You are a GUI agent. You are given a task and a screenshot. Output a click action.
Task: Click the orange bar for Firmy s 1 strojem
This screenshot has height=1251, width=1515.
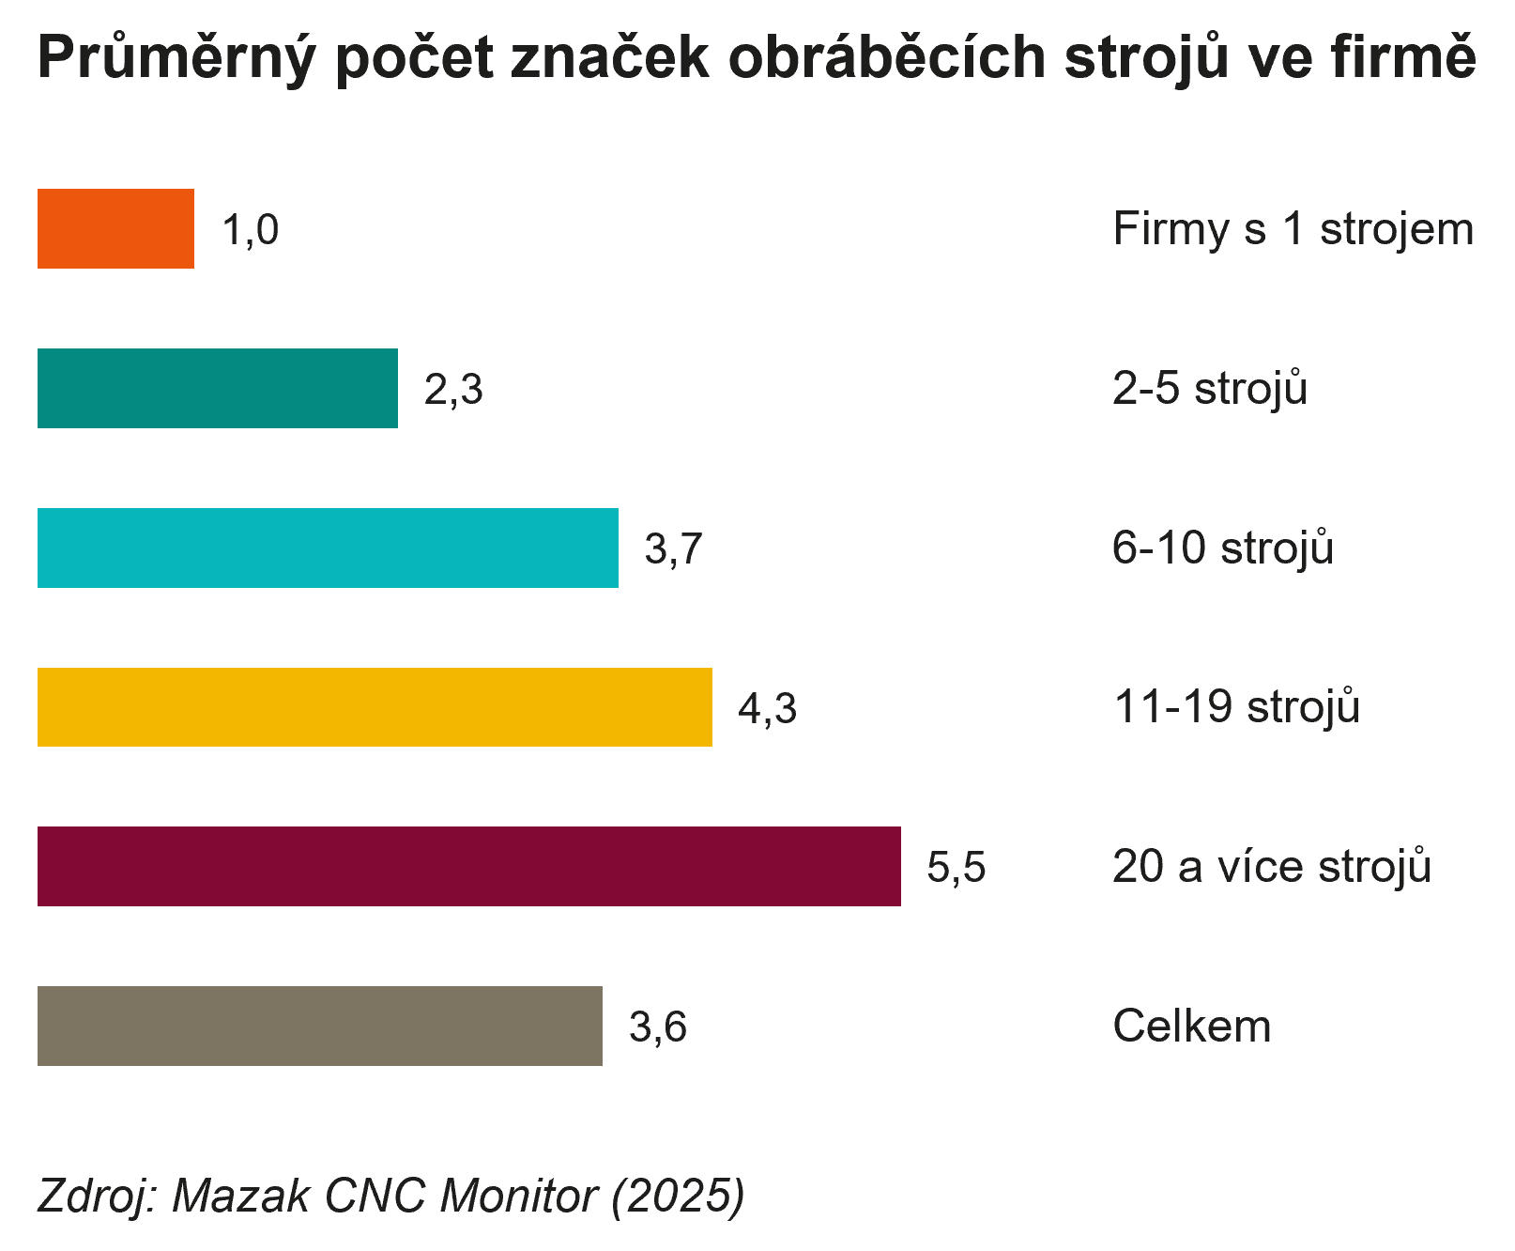(115, 229)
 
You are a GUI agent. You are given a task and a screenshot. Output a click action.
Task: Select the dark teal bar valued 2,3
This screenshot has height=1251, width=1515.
(217, 389)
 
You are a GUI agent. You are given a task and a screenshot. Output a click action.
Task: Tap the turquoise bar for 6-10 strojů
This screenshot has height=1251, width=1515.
(328, 548)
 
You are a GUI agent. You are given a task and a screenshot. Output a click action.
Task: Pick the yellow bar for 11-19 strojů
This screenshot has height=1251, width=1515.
(375, 707)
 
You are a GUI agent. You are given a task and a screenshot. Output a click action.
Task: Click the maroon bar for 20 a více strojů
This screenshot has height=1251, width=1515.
(468, 867)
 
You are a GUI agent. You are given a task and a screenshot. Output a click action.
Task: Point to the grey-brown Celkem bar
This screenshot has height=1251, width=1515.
(319, 1026)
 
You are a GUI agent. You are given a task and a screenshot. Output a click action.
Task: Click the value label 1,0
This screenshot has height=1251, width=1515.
(251, 230)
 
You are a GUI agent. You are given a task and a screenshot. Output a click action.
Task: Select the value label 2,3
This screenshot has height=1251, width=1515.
(453, 390)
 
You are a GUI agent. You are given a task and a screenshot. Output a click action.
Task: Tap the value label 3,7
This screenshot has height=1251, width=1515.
(674, 548)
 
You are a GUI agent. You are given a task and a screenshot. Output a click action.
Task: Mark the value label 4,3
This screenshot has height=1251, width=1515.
(767, 708)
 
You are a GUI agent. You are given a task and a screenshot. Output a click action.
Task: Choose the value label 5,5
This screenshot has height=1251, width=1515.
(956, 867)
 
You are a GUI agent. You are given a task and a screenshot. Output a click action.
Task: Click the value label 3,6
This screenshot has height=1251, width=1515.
(658, 1027)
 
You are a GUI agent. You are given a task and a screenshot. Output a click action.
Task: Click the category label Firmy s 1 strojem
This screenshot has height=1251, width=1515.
(1293, 230)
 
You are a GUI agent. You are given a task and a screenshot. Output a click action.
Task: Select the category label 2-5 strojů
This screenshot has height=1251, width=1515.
(1209, 389)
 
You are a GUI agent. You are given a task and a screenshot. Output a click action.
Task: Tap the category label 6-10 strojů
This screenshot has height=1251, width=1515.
(1222, 548)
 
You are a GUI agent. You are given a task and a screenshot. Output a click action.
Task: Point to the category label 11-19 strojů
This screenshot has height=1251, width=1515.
(1235, 707)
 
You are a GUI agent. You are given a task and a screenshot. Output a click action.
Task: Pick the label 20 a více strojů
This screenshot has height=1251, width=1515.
(1271, 867)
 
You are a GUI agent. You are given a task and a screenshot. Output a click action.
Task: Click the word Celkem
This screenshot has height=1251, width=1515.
(1191, 1027)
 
